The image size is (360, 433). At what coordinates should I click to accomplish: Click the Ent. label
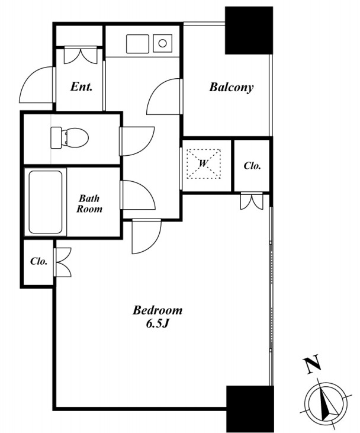pyautogui.click(x=81, y=86)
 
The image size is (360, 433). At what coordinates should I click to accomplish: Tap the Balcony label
pyautogui.click(x=232, y=87)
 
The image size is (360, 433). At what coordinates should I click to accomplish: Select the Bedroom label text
pyautogui.click(x=157, y=310)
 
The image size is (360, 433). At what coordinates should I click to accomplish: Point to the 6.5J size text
pyautogui.click(x=157, y=323)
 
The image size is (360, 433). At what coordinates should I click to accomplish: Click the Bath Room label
pyautogui.click(x=89, y=204)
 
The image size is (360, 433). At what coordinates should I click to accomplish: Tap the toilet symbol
pyautogui.click(x=69, y=137)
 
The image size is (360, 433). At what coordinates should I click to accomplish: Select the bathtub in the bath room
pyautogui.click(x=46, y=202)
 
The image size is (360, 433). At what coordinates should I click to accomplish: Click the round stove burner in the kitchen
pyautogui.click(x=163, y=43)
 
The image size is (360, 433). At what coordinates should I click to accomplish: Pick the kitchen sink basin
pyautogui.click(x=137, y=44)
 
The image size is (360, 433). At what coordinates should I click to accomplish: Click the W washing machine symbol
pyautogui.click(x=204, y=163)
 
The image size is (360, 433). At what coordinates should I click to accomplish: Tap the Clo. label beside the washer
pyautogui.click(x=252, y=166)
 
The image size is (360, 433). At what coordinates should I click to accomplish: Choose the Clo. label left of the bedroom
pyautogui.click(x=38, y=261)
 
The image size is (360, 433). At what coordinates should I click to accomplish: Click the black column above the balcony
pyautogui.click(x=249, y=30)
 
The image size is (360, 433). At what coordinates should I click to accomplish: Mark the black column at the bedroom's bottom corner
pyautogui.click(x=250, y=409)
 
